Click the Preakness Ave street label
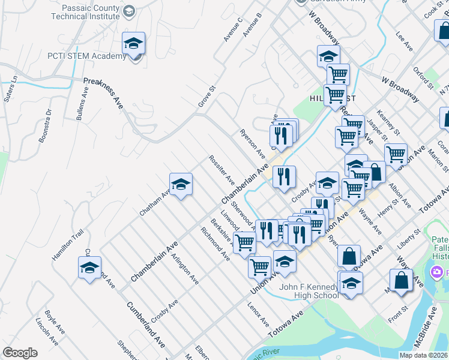coord(103,92)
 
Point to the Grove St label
coord(206,97)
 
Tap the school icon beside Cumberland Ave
coord(89,268)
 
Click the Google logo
coord(20,353)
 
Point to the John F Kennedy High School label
coord(309,291)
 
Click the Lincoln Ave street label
coord(46,332)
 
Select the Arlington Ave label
coord(185,268)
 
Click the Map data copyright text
coord(423,355)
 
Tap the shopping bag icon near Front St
coord(400,280)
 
